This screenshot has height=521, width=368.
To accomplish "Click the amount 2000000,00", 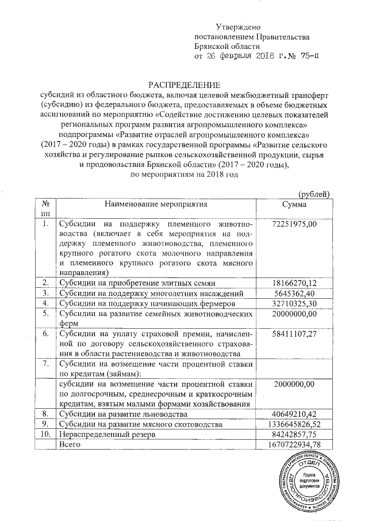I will click(295, 384).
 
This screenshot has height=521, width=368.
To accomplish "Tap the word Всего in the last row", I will click(71, 445).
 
